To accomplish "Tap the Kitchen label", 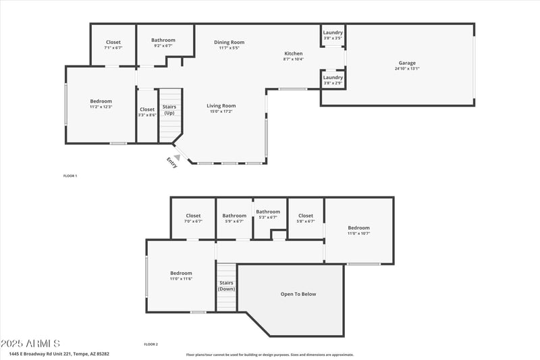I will point(293,53).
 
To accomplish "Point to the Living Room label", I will point(221,105).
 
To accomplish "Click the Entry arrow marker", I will point(178,157).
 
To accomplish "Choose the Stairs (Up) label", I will point(169,109).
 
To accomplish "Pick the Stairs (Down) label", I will point(226,286).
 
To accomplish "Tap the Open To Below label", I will point(298,294).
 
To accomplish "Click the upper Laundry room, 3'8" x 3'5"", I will point(333,35).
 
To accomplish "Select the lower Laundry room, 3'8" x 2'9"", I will point(333,80).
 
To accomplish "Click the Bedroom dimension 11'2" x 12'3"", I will point(101,107).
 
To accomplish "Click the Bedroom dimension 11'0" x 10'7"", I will point(358,233).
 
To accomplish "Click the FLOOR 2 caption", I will point(151,344).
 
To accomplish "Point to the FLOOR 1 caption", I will point(70,176).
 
